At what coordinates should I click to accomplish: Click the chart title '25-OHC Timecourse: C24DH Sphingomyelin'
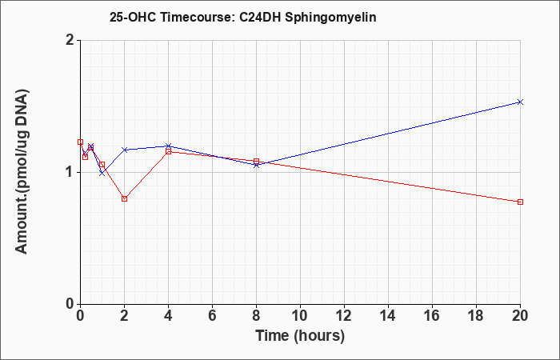click(x=243, y=18)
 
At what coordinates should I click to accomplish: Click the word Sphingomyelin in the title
click(x=330, y=18)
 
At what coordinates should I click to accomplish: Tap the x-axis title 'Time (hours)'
click(x=300, y=336)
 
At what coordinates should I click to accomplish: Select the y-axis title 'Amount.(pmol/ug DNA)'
click(x=22, y=172)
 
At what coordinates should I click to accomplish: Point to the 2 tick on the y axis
click(x=70, y=40)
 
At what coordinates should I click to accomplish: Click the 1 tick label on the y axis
click(x=70, y=172)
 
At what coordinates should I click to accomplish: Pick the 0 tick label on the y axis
click(x=70, y=304)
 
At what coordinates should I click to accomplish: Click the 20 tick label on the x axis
click(x=520, y=316)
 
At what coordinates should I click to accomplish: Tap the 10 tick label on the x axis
click(x=300, y=316)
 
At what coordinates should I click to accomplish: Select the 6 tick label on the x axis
click(x=212, y=316)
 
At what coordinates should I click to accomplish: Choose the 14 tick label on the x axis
click(x=388, y=316)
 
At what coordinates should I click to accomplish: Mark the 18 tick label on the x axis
click(x=476, y=316)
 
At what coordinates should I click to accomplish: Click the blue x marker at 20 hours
click(x=520, y=102)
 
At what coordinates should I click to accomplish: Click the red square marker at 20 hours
click(x=520, y=202)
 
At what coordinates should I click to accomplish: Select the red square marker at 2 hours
click(x=124, y=198)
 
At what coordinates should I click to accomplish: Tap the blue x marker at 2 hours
click(x=124, y=150)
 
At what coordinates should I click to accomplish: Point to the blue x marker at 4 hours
click(x=168, y=146)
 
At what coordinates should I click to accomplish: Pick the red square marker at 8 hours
click(x=257, y=162)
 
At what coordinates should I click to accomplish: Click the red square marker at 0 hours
click(x=80, y=142)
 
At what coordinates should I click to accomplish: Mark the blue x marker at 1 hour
click(x=102, y=174)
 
